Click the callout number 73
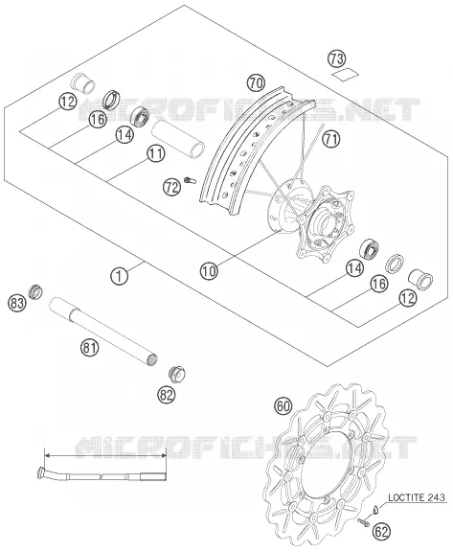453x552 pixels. (x=337, y=58)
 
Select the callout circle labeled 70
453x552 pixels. (x=256, y=83)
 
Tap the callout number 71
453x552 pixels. (x=331, y=139)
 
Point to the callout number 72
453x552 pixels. (x=171, y=188)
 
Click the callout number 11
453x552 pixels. (x=156, y=153)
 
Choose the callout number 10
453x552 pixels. (x=209, y=271)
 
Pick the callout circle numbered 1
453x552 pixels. (x=120, y=276)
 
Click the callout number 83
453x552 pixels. (x=17, y=303)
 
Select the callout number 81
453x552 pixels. (x=89, y=348)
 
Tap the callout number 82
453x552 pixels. (x=166, y=395)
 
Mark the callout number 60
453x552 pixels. (x=283, y=406)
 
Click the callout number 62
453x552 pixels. (x=381, y=531)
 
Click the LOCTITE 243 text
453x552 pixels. (x=417, y=497)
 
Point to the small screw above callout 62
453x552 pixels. (x=363, y=522)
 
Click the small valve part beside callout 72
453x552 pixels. (x=191, y=180)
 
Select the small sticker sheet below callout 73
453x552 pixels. (x=346, y=74)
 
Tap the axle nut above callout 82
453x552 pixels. (x=177, y=374)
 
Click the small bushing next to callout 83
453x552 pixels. (x=36, y=291)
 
